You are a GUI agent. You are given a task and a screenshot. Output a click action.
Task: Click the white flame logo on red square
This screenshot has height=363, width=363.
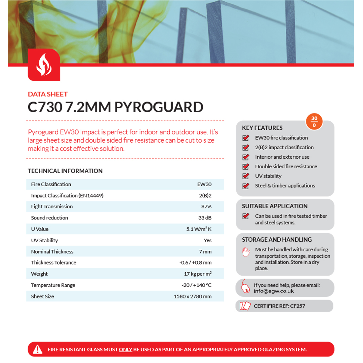pyautogui.click(x=44, y=65)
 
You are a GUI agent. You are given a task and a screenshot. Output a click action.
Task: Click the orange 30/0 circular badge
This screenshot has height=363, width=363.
pyautogui.click(x=314, y=122)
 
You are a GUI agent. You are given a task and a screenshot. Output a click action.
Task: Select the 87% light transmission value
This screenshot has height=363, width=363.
pyautogui.click(x=206, y=206)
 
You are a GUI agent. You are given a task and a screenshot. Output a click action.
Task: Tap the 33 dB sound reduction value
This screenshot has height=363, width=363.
pyautogui.click(x=205, y=218)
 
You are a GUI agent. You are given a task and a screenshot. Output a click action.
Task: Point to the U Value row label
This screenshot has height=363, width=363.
pyautogui.click(x=40, y=229)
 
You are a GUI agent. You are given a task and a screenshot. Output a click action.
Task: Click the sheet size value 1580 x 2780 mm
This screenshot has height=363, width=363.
pyautogui.click(x=193, y=296)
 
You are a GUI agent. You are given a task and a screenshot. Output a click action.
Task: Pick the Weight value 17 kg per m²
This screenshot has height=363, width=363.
pyautogui.click(x=198, y=274)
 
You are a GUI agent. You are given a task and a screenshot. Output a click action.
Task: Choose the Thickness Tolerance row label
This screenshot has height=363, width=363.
pyautogui.click(x=53, y=263)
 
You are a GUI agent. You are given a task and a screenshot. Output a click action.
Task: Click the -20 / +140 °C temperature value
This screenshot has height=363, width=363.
pyautogui.click(x=197, y=285)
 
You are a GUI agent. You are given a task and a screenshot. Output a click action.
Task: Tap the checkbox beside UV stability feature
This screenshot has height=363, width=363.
pyautogui.click(x=246, y=176)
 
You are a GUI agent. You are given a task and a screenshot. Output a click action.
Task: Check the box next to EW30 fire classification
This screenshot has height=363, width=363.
pyautogui.click(x=246, y=138)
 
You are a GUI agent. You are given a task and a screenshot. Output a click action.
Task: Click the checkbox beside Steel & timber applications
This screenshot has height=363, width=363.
pyautogui.click(x=246, y=186)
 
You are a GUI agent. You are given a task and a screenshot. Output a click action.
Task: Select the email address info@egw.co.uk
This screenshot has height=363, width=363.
pyautogui.click(x=274, y=291)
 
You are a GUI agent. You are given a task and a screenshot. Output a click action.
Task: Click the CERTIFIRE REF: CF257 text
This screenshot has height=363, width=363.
pyautogui.click(x=279, y=306)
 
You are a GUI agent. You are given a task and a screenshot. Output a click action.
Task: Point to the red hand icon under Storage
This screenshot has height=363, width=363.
pyautogui.click(x=246, y=252)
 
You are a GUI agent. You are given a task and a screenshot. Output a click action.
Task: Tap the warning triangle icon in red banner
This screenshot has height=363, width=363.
pyautogui.click(x=38, y=349)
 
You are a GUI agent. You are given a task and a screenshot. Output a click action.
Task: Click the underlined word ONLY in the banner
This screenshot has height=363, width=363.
pyautogui.click(x=125, y=349)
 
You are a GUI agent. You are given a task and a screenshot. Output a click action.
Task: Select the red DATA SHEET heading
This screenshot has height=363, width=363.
pyautogui.click(x=48, y=94)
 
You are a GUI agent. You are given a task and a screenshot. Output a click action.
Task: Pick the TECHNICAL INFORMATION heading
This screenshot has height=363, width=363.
pyautogui.click(x=65, y=171)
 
